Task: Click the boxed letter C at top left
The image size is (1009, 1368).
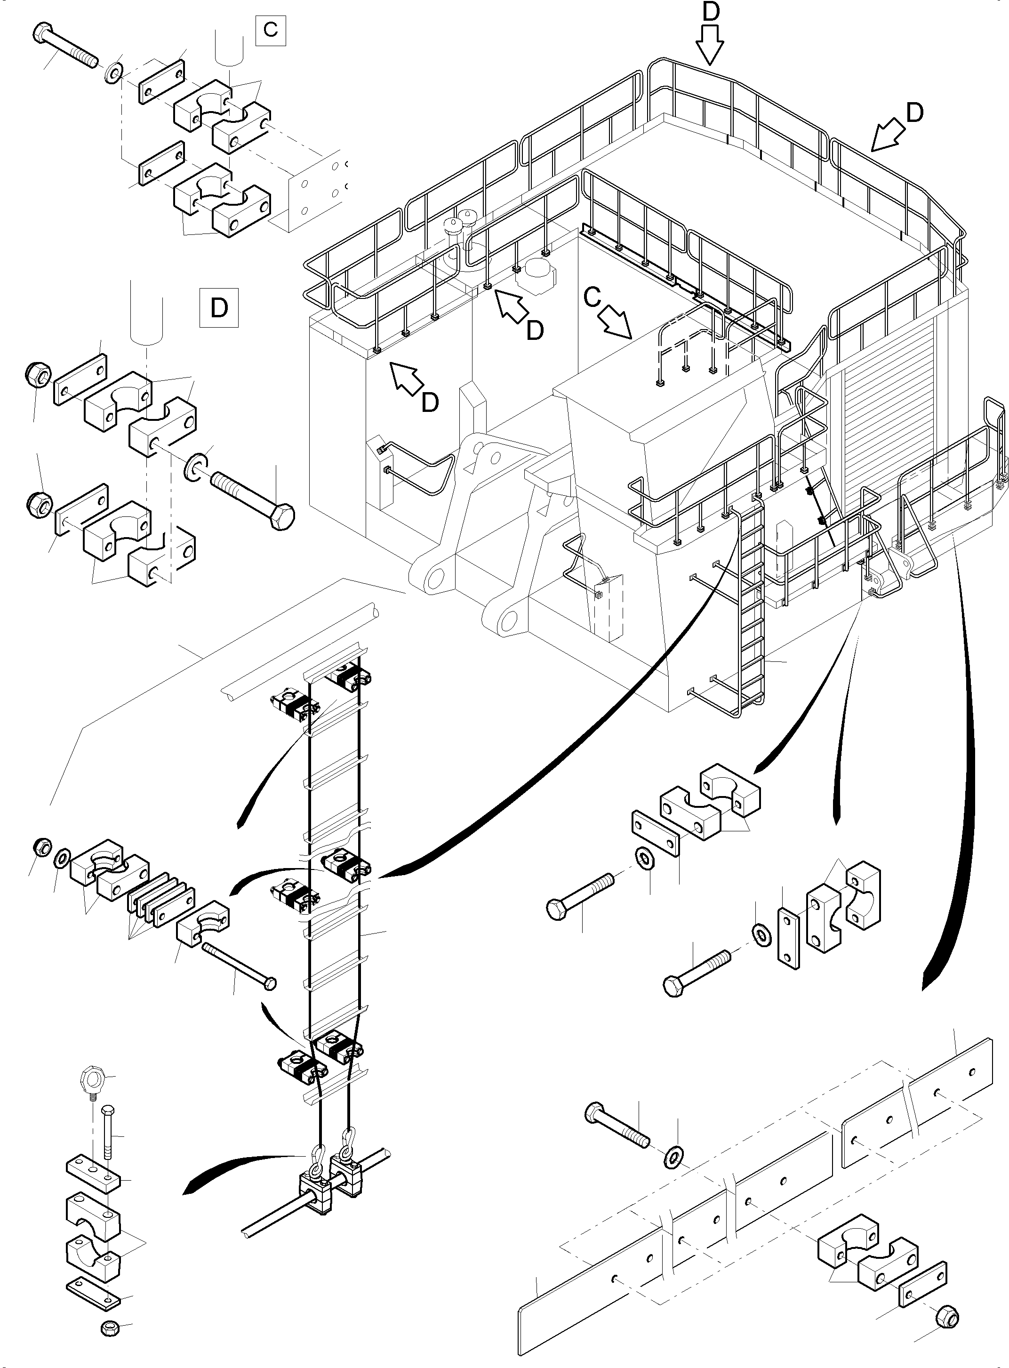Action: coord(271,29)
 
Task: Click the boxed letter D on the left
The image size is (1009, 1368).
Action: coord(219,308)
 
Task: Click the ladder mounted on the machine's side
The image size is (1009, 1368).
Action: coord(751,611)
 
